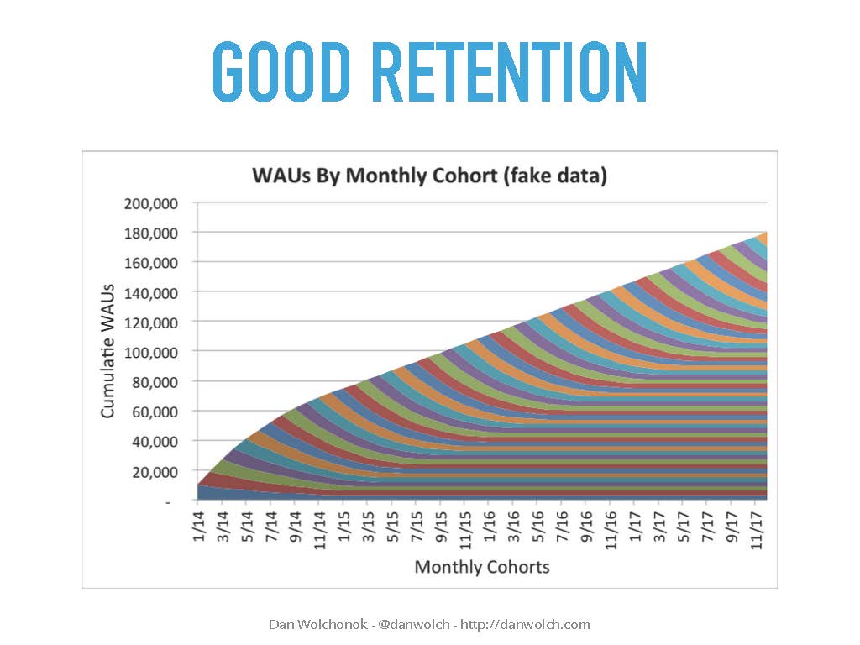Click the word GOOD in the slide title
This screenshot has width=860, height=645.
point(281,72)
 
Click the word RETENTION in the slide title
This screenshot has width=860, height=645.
point(510,72)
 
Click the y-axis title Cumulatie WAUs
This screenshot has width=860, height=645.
point(107,351)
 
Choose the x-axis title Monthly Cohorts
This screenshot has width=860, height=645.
point(482,567)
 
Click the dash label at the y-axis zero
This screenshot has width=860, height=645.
point(168,501)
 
